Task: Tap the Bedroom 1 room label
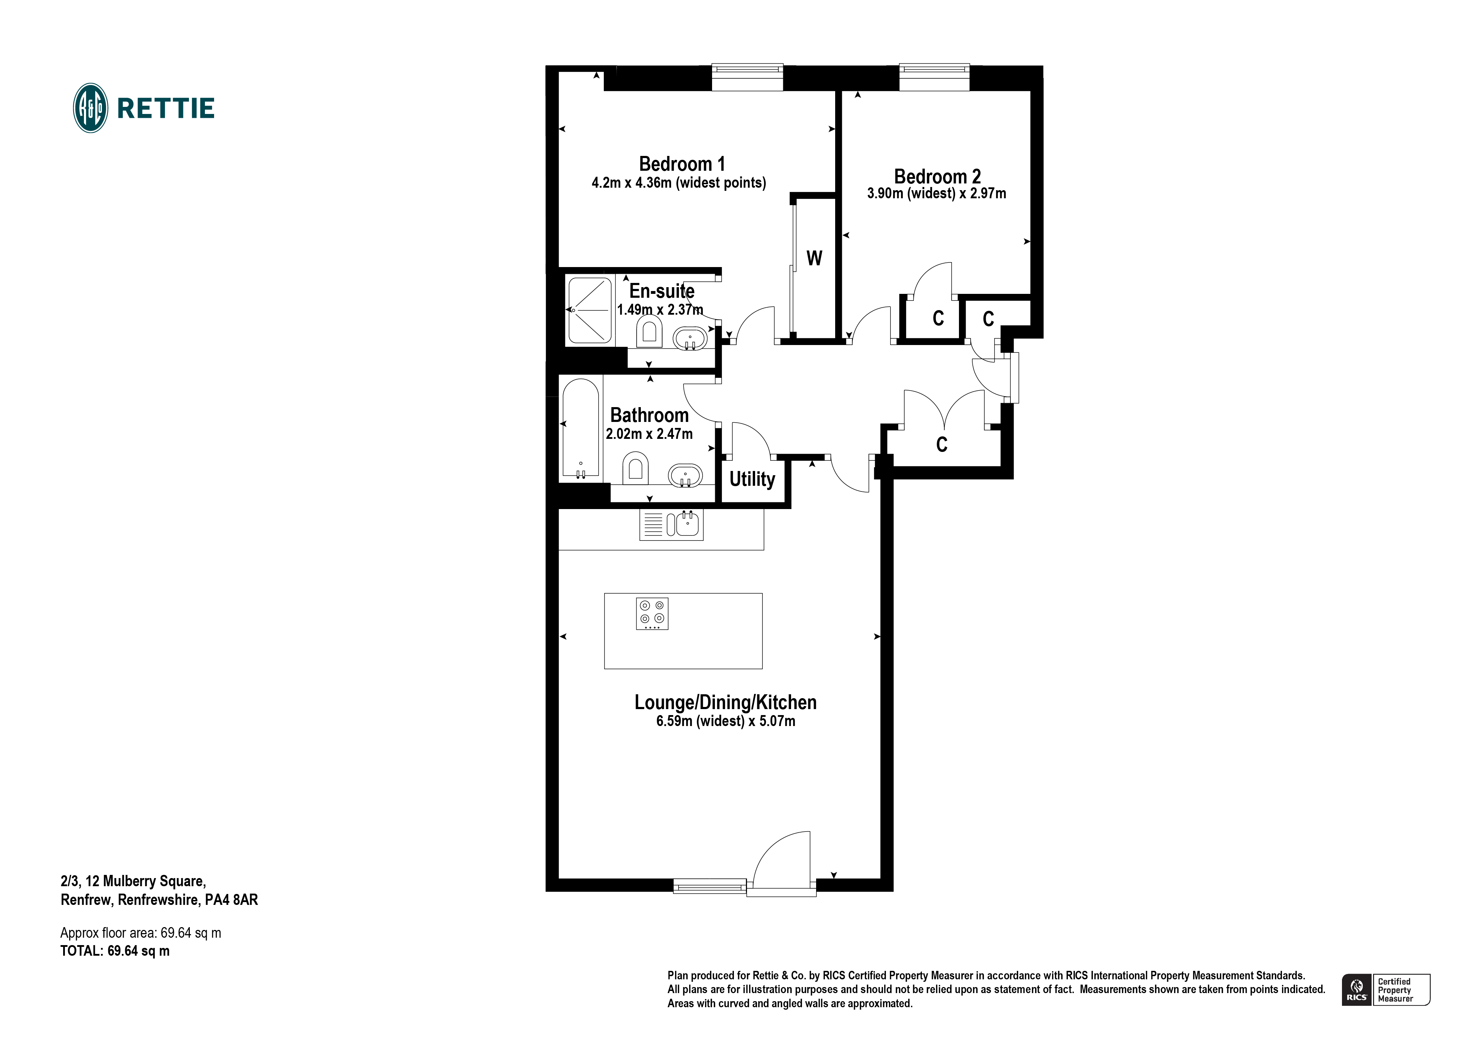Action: click(682, 164)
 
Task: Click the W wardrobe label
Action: click(814, 258)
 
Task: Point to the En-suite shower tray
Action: click(589, 310)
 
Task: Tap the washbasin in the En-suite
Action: click(690, 338)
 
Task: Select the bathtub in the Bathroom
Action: click(581, 428)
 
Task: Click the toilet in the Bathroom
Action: click(635, 469)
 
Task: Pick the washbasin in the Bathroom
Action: click(685, 476)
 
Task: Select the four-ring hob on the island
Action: click(652, 613)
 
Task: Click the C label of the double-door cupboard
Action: click(941, 445)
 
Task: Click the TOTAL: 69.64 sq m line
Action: click(115, 951)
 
